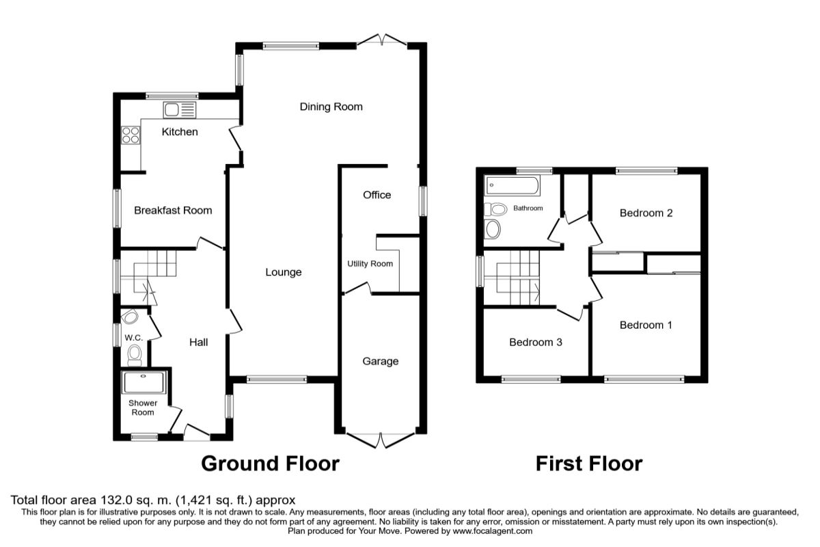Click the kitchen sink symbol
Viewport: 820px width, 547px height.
pyautogui.click(x=179, y=110)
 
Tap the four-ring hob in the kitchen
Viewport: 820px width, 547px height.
pyautogui.click(x=131, y=135)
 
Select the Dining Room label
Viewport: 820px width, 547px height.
pyautogui.click(x=331, y=107)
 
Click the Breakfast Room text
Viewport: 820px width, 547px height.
pyautogui.click(x=173, y=211)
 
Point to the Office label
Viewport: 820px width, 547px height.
pyautogui.click(x=377, y=195)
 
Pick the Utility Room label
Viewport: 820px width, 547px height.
pyautogui.click(x=370, y=264)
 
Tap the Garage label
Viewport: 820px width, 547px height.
pyautogui.click(x=381, y=361)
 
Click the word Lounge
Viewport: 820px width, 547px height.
pyautogui.click(x=284, y=272)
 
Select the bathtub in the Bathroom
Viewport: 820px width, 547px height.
pyautogui.click(x=512, y=186)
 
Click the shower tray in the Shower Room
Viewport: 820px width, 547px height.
pyautogui.click(x=144, y=382)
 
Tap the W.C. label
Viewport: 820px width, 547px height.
pyautogui.click(x=133, y=338)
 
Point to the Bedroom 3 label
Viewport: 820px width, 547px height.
pyautogui.click(x=536, y=342)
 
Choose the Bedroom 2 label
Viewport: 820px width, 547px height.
pyautogui.click(x=646, y=213)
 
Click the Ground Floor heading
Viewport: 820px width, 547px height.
pyautogui.click(x=270, y=464)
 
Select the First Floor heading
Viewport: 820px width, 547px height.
pyautogui.click(x=589, y=464)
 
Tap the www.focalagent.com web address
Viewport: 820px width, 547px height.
pyautogui.click(x=493, y=531)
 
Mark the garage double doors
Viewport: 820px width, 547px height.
pyautogui.click(x=381, y=440)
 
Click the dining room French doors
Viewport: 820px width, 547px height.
pyautogui.click(x=382, y=40)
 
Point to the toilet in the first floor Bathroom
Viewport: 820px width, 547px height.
pyautogui.click(x=495, y=209)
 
